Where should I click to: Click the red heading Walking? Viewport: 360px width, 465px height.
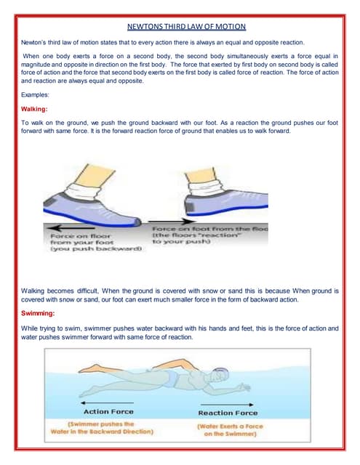(x=35, y=108)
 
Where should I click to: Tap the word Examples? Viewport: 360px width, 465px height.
(x=36, y=94)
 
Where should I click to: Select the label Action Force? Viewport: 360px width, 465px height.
(x=108, y=412)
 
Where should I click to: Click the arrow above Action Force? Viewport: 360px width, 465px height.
(x=107, y=402)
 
